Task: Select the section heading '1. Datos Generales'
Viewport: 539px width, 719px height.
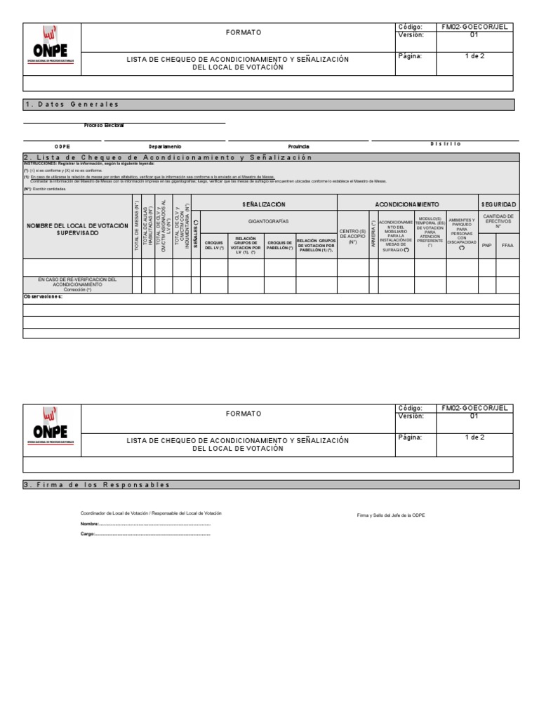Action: (x=72, y=105)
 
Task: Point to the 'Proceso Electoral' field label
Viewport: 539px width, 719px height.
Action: (x=104, y=125)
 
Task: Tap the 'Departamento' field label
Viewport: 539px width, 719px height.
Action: (x=164, y=146)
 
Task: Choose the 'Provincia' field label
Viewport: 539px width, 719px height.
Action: (x=298, y=146)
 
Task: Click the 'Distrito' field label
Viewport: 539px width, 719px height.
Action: (x=445, y=143)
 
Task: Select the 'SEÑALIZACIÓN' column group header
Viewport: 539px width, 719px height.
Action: (x=264, y=204)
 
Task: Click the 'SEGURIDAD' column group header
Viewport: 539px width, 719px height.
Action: (x=498, y=204)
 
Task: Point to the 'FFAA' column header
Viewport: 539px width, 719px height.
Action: (x=507, y=246)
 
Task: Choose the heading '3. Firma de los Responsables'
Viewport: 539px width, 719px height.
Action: (x=98, y=485)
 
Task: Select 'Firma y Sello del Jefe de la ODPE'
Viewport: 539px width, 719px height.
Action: (x=390, y=515)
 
